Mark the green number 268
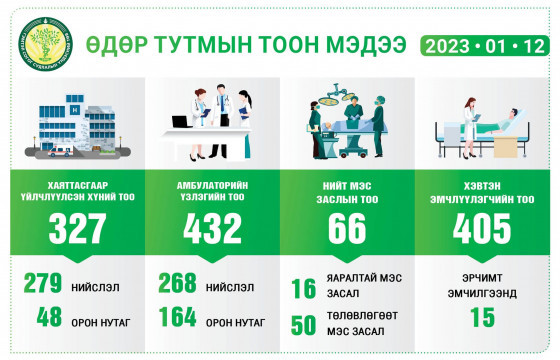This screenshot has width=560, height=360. (x=177, y=285)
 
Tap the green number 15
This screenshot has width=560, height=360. (x=483, y=320)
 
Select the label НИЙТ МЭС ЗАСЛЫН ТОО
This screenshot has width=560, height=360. (x=347, y=190)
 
